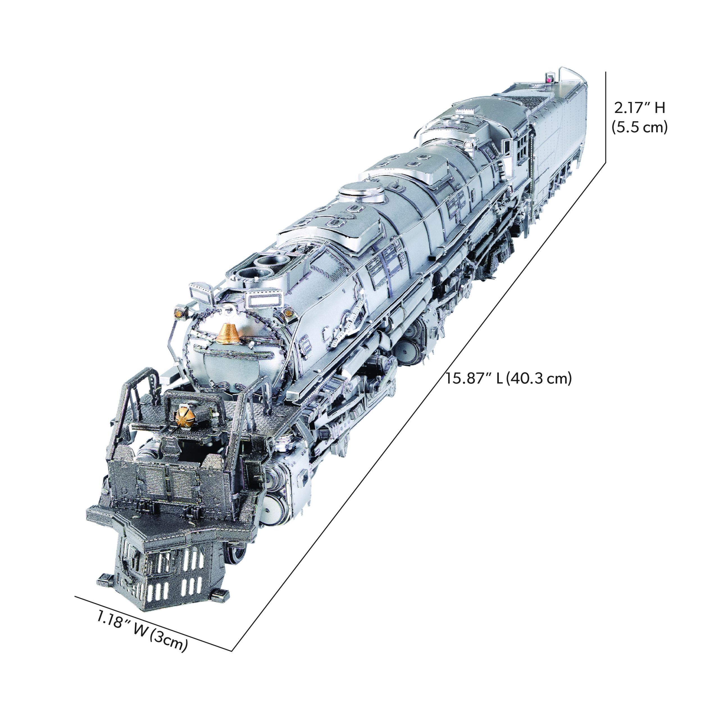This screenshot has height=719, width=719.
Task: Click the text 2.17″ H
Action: pyautogui.click(x=639, y=108)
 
